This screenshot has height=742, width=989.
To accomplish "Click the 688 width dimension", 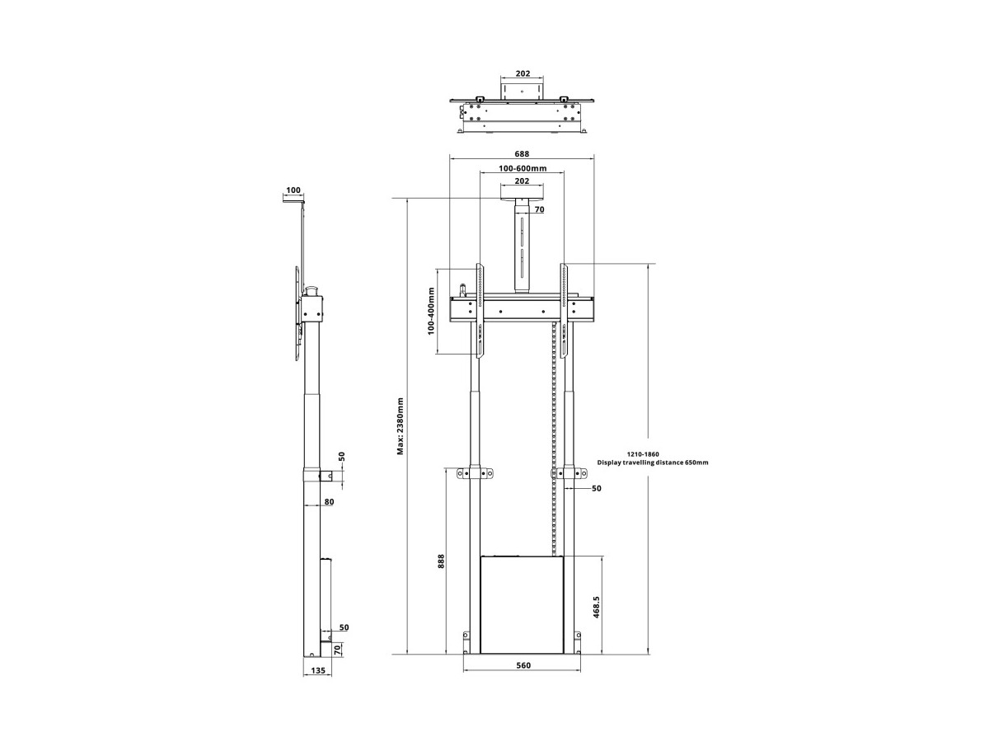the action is pos(522,153).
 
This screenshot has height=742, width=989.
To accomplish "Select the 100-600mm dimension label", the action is pos(523,168).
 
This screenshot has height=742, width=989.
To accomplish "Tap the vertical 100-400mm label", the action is pos(431,311).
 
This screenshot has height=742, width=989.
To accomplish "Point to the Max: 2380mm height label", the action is pos(400,426).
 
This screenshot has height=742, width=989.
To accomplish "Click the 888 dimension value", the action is pos(441,561).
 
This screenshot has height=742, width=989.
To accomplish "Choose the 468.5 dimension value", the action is pos(596,607).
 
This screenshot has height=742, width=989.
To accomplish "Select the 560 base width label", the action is pos(523,665).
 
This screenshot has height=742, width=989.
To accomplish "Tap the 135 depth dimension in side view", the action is pos(318,683).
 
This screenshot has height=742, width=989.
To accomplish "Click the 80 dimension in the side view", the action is pos(329,502).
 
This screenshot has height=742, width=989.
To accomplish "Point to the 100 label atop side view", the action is pos(293,190).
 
